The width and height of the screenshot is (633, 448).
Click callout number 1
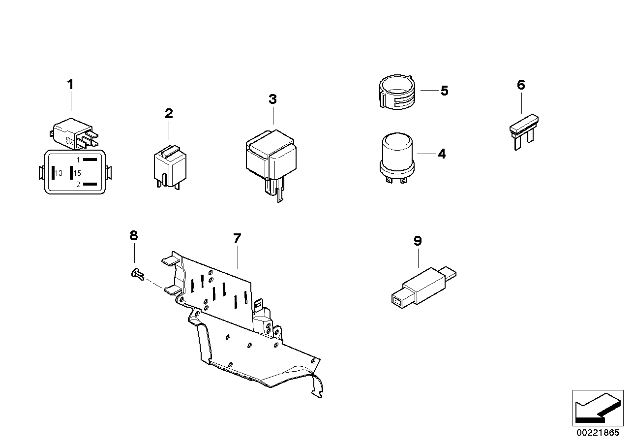(x=70, y=85)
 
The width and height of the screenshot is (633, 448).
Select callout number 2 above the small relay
(x=169, y=114)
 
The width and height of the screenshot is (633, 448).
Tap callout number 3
(x=272, y=99)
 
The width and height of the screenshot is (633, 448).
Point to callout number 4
(x=442, y=154)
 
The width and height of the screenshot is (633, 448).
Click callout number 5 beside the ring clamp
(x=444, y=91)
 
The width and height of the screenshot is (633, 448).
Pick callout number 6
(x=521, y=85)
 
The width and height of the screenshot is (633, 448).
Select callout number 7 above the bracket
(x=237, y=239)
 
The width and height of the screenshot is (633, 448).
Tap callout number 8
(x=133, y=235)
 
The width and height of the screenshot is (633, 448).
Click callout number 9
(x=418, y=241)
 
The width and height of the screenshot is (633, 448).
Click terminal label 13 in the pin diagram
(x=59, y=173)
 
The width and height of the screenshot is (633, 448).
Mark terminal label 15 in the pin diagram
(x=77, y=173)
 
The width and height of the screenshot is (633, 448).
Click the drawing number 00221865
(x=598, y=433)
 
